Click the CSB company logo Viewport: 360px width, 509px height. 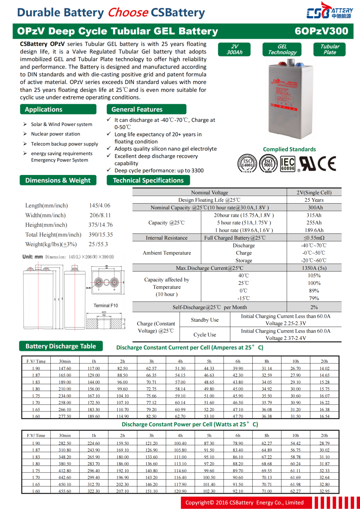click(329, 12)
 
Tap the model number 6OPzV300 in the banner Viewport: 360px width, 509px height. click(321, 31)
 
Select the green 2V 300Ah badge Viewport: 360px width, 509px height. click(235, 49)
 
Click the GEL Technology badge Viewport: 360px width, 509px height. click(282, 49)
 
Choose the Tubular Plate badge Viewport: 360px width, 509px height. click(330, 49)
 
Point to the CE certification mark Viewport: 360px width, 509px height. click(327, 164)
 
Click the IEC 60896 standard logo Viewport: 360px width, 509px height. click(288, 164)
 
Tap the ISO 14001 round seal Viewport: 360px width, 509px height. click(247, 164)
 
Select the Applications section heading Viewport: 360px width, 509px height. click(58, 110)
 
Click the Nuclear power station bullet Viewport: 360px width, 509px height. click(56, 134)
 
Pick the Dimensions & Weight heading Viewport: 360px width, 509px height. click(58, 180)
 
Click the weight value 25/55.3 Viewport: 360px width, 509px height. click(98, 244)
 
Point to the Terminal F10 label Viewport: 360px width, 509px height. click(106, 305)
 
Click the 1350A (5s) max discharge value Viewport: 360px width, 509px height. click(314, 268)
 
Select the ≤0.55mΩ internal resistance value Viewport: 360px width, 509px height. click(314, 238)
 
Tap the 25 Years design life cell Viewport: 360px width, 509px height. click(314, 200)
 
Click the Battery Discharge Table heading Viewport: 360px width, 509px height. click(61, 346)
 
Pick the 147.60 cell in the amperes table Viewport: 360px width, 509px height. click(65, 368)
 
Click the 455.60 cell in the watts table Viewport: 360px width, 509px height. click(65, 491)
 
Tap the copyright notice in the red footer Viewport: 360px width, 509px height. click(244, 502)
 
